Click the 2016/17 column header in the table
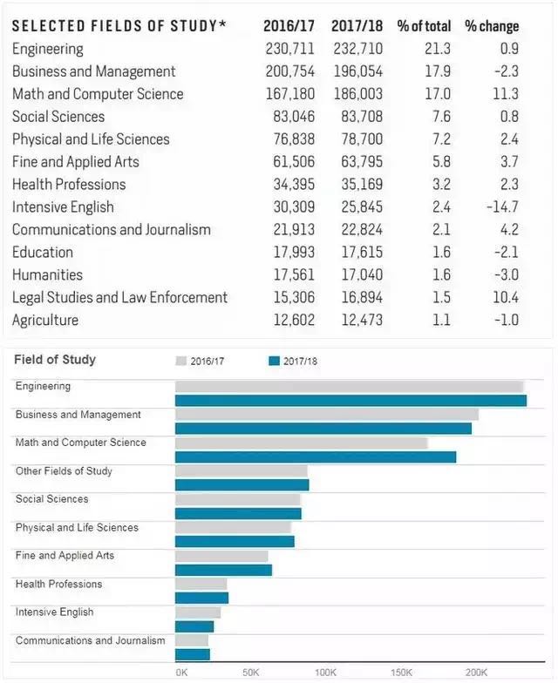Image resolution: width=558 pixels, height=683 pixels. click(289, 26)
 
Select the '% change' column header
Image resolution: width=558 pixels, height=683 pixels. click(492, 26)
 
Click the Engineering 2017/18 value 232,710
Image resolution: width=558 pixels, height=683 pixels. click(357, 49)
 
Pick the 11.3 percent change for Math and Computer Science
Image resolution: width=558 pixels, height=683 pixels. click(506, 94)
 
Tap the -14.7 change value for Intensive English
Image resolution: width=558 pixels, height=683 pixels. click(502, 206)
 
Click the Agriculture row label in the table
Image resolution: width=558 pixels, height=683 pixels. click(45, 321)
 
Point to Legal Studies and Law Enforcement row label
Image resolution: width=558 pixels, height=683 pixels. click(120, 297)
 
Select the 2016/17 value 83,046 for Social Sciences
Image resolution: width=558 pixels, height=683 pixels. click(294, 117)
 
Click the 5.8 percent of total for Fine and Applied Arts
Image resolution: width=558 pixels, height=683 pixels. click(441, 162)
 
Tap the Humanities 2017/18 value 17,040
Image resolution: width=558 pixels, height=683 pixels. click(362, 274)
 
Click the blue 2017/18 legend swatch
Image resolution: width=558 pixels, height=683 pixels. click(274, 361)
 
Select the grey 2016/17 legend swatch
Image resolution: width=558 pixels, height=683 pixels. click(181, 361)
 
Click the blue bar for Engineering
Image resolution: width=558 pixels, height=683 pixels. click(350, 401)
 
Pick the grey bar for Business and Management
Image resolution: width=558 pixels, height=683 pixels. click(327, 415)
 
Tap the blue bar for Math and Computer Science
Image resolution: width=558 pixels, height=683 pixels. click(316, 456)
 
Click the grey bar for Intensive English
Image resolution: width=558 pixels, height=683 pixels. click(198, 612)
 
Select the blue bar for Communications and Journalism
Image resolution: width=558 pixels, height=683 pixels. click(193, 655)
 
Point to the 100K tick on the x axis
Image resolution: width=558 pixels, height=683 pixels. click(326, 673)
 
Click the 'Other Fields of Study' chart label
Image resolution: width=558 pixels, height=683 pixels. click(65, 470)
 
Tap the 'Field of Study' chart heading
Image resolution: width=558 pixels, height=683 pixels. click(55, 359)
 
